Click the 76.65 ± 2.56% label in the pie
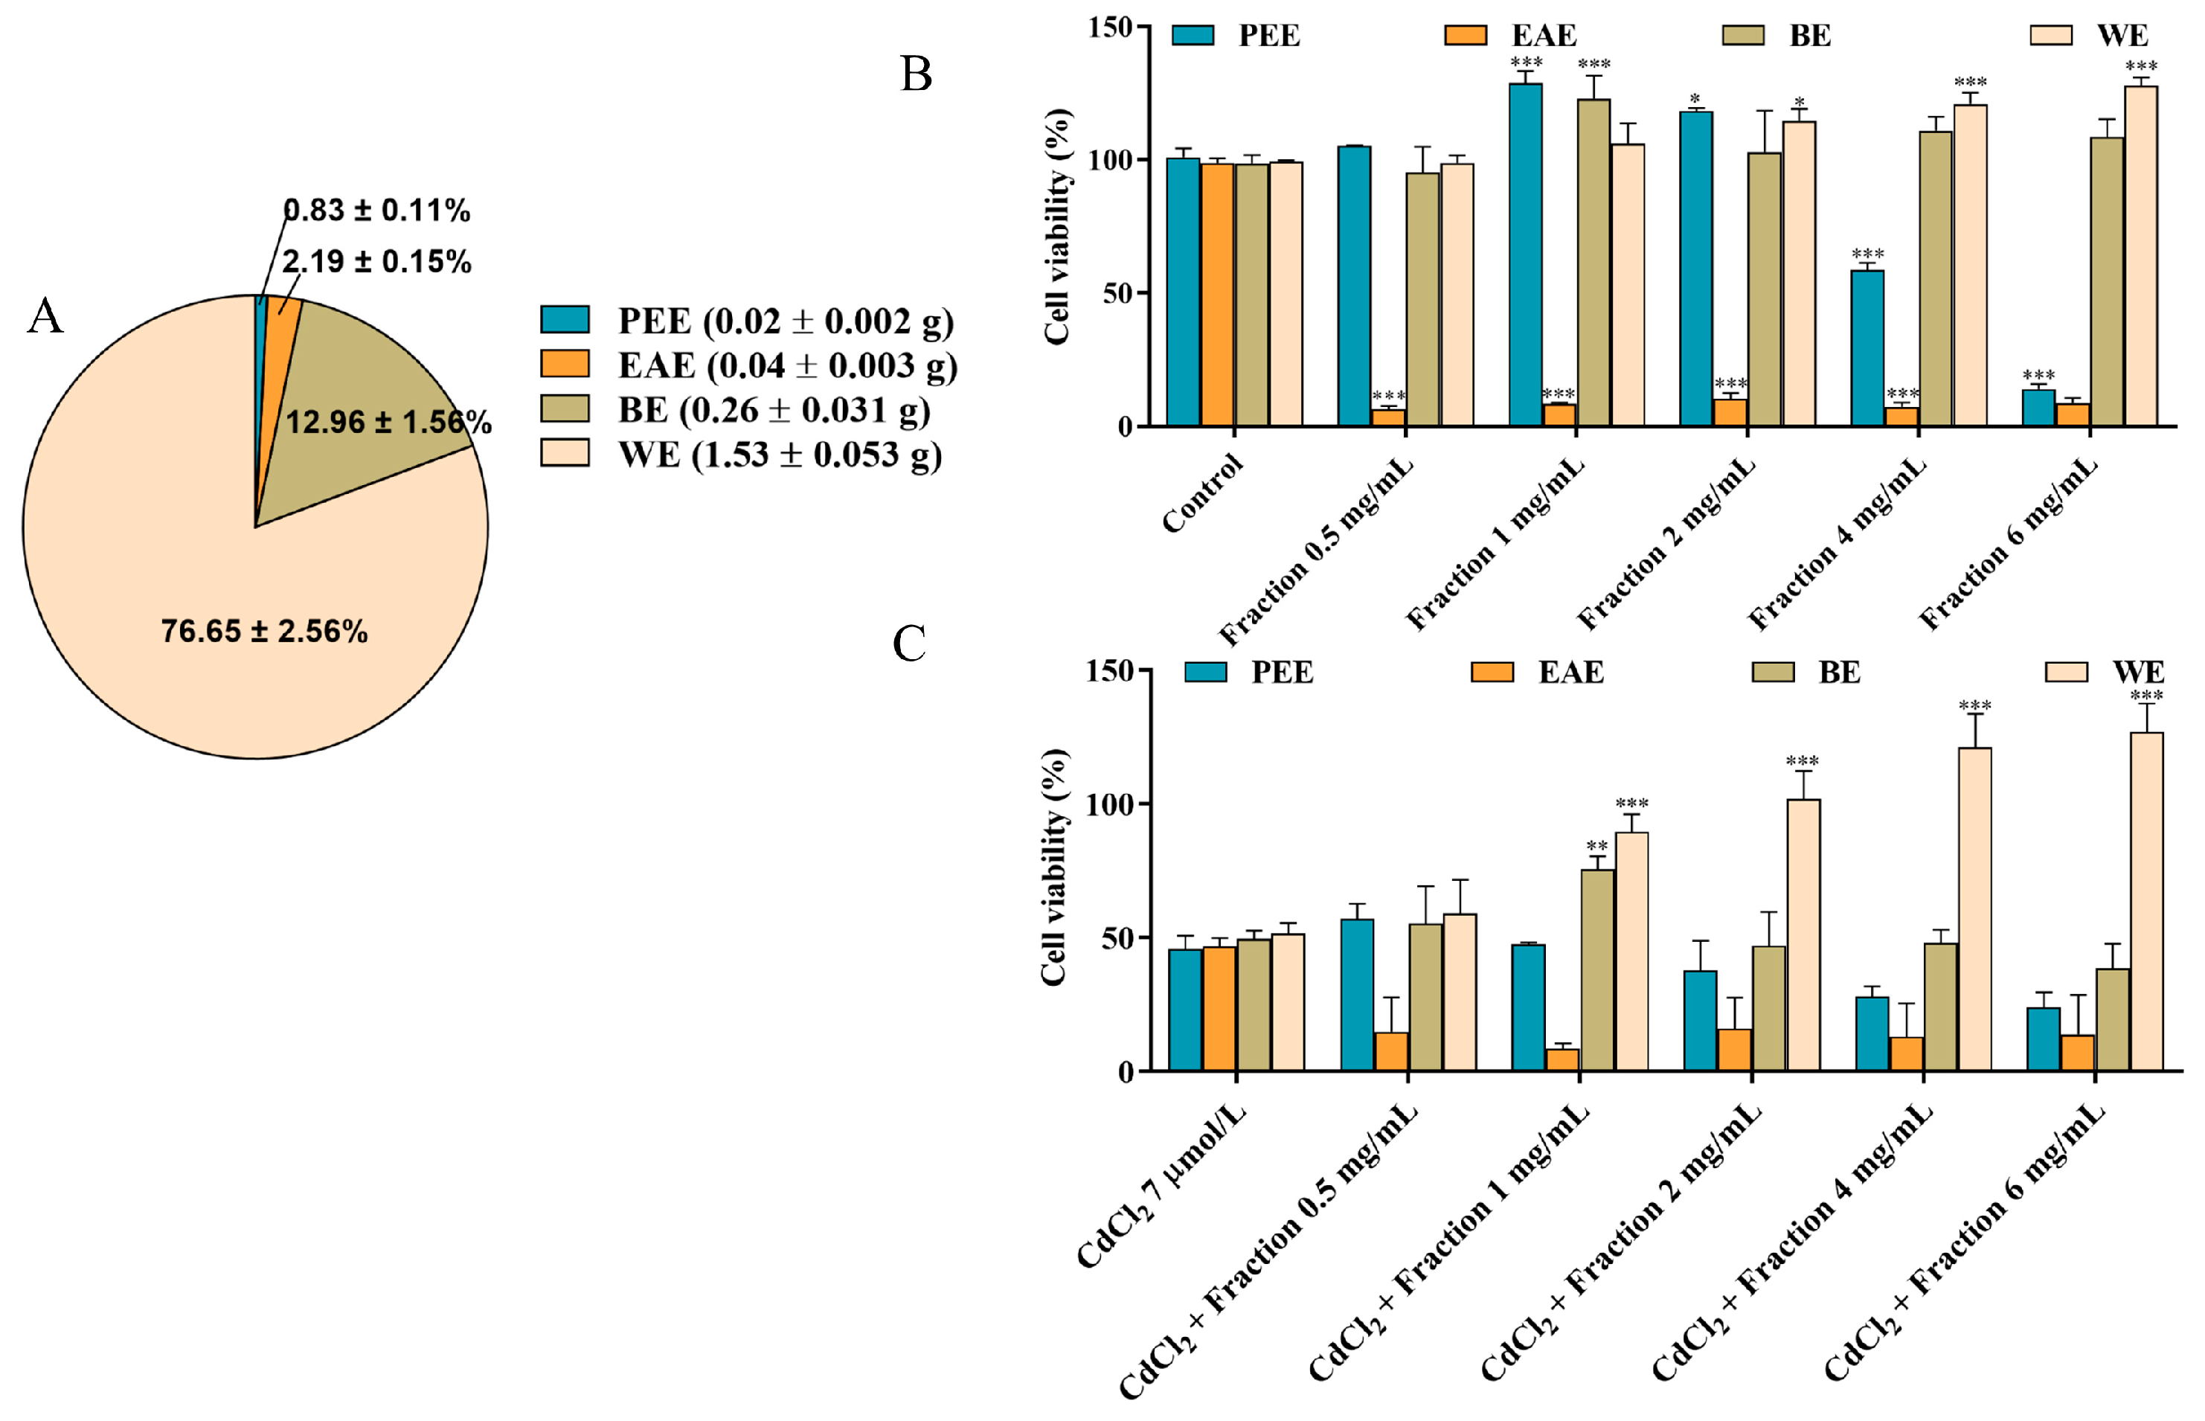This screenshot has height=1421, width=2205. click(264, 631)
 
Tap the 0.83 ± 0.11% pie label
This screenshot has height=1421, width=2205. click(376, 211)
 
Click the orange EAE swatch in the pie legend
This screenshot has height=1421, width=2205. click(565, 364)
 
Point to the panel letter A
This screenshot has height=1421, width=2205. click(45, 316)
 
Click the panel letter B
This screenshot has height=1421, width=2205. click(915, 74)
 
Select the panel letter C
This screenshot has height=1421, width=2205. click(909, 643)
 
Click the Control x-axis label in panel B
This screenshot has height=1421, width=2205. click(1202, 494)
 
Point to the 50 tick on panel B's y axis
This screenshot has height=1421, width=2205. click(1117, 293)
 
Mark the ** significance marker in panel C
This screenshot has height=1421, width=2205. click(1597, 846)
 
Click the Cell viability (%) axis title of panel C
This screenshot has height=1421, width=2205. click(1053, 867)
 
